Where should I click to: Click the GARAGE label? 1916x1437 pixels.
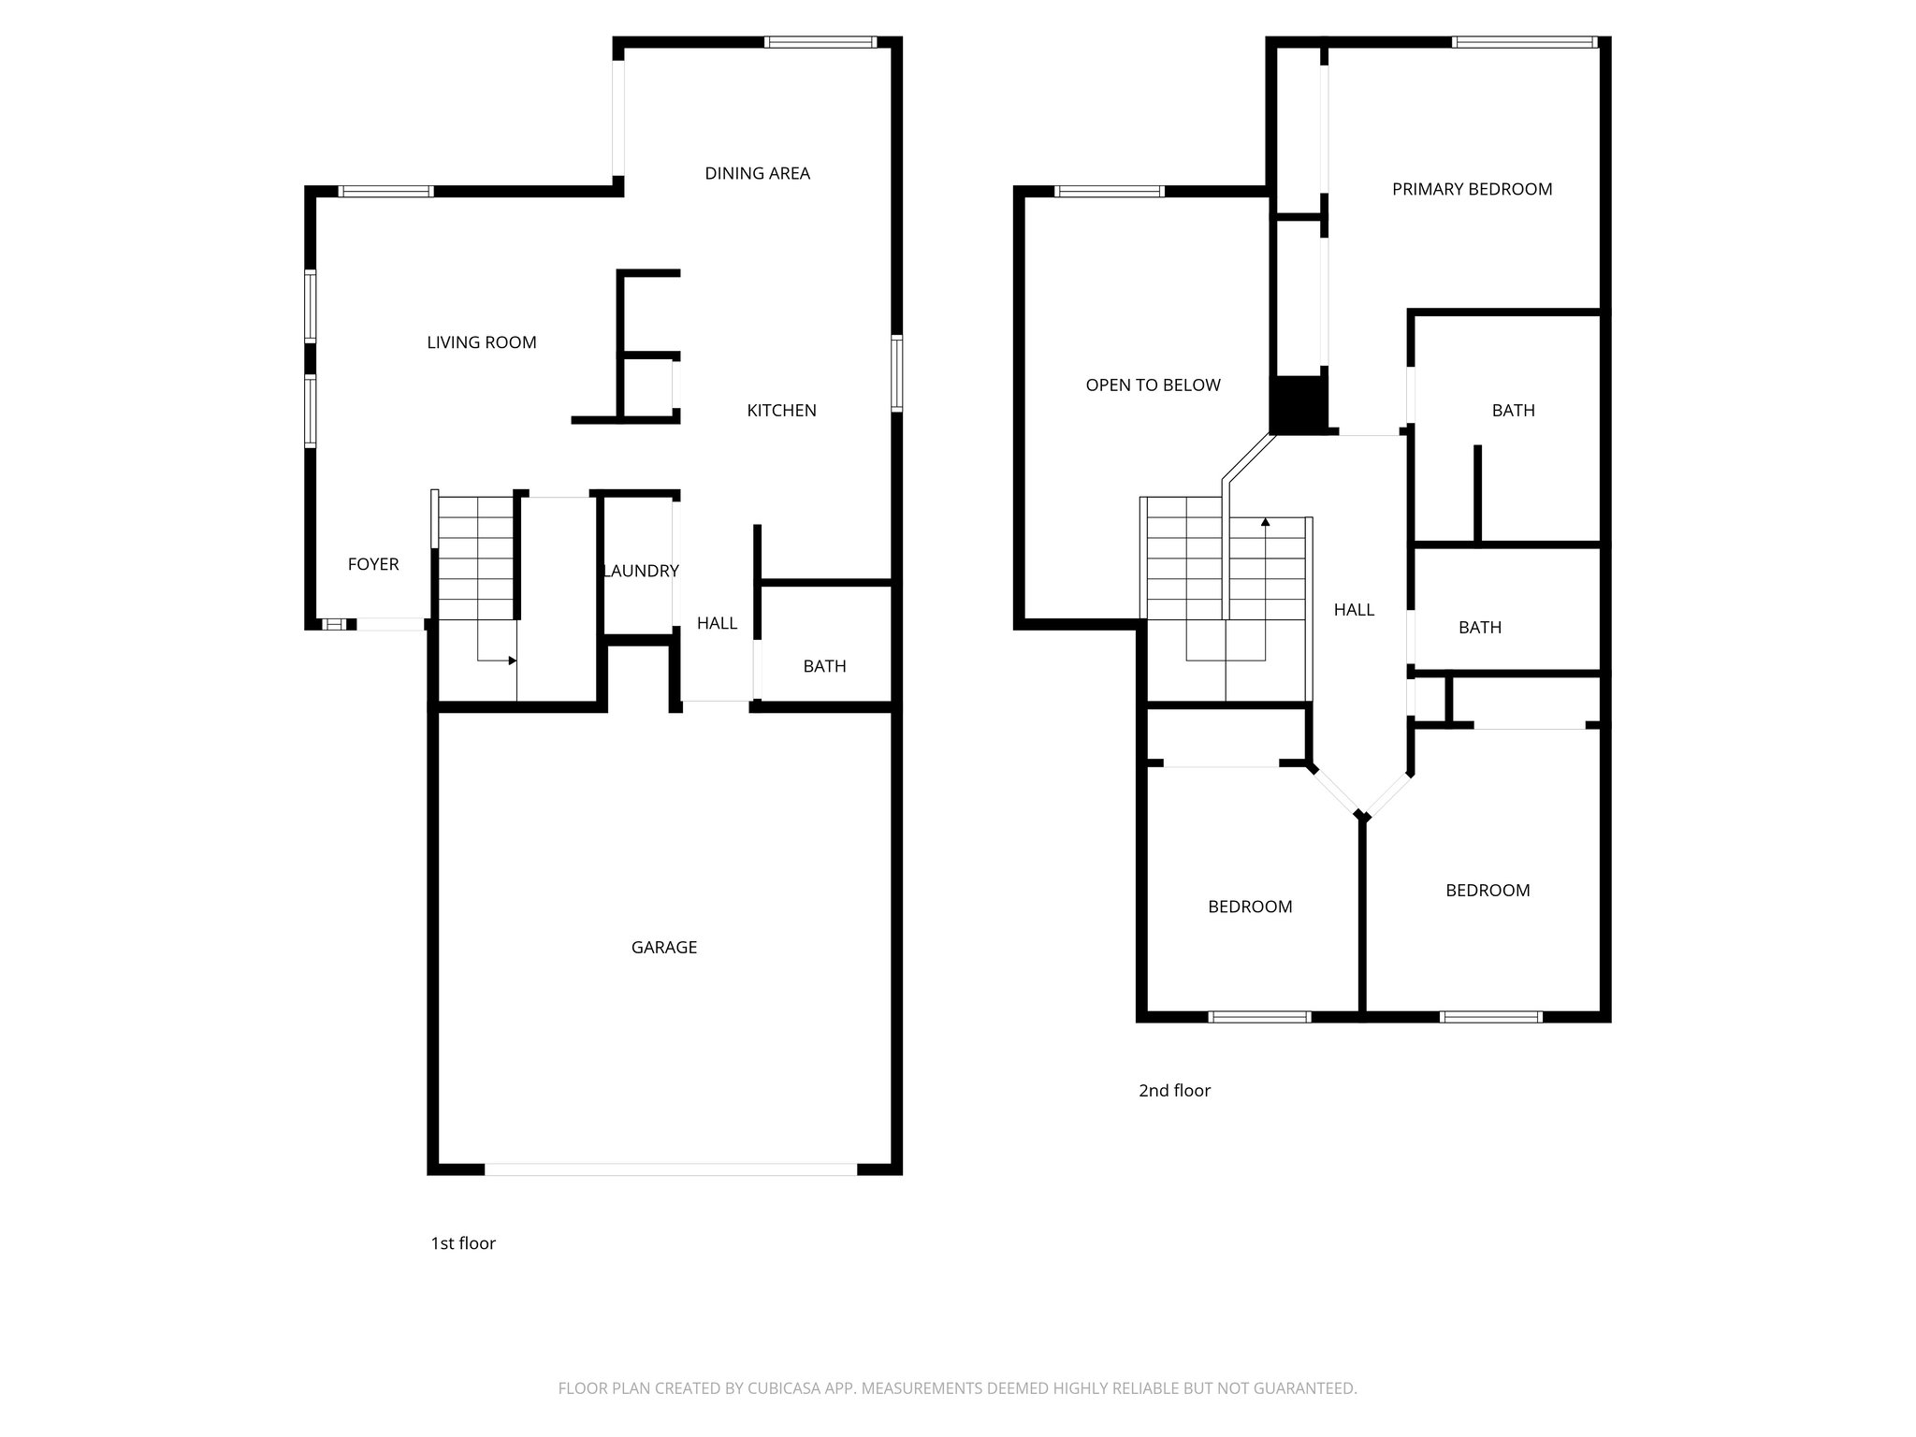point(663,948)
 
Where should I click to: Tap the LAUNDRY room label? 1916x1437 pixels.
point(641,571)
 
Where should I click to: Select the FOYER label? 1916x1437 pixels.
point(373,564)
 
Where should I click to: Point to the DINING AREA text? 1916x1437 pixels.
point(757,173)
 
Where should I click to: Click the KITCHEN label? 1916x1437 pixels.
point(781,411)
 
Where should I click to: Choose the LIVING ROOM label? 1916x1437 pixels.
point(481,342)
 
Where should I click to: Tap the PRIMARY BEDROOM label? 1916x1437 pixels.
point(1472,189)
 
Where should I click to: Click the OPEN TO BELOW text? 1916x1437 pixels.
point(1153,385)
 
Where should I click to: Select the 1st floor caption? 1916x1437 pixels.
point(462,1243)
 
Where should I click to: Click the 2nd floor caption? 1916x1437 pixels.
point(1174,1091)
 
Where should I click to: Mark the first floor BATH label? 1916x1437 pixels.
point(824,666)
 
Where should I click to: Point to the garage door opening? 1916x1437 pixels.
point(670,1169)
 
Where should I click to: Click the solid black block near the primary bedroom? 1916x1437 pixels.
point(1299,405)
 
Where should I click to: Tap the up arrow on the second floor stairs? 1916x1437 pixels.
point(1266,523)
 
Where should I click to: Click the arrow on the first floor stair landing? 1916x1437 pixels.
point(511,660)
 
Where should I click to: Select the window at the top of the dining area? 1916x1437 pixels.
point(820,42)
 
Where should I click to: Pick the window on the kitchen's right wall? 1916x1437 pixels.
point(896,374)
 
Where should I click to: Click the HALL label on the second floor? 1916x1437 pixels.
point(1354,610)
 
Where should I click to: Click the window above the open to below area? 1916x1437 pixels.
point(1109,192)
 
